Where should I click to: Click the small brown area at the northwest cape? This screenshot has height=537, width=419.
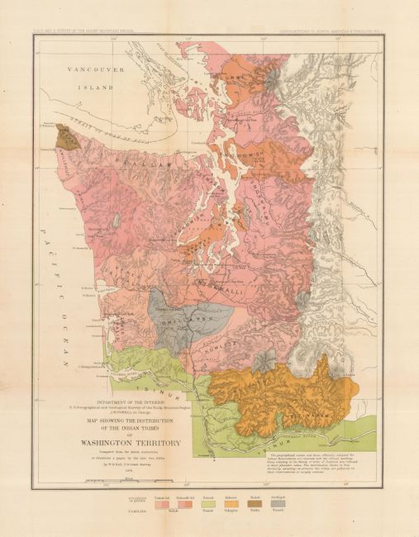68,137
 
